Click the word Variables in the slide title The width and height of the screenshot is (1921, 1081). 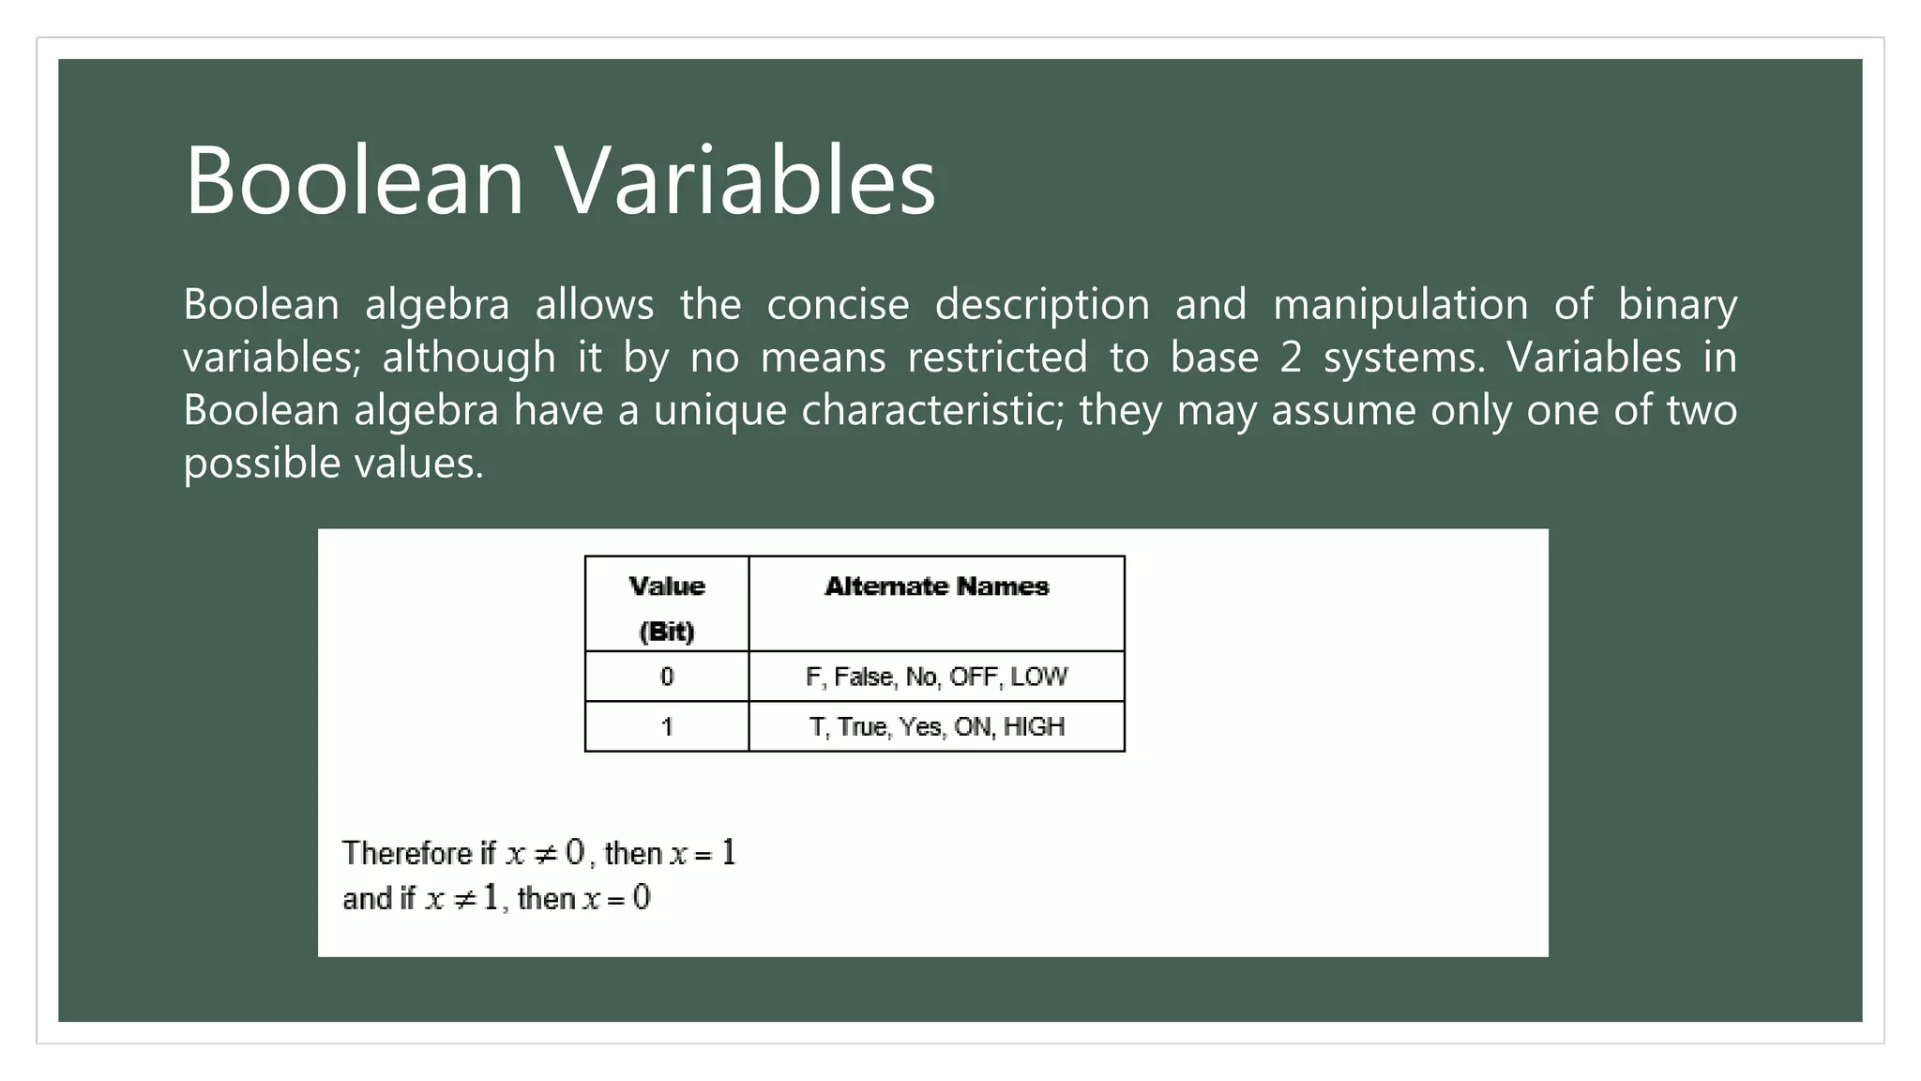tap(747, 180)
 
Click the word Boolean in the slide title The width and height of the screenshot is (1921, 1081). tap(354, 180)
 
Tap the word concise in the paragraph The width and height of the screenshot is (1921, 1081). tap(838, 305)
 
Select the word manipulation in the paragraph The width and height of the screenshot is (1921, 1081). tap(1399, 305)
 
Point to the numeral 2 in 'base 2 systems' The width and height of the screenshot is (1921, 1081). tap(1291, 358)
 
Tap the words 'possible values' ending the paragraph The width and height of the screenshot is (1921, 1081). tap(333, 464)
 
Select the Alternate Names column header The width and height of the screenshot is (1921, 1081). tap(936, 587)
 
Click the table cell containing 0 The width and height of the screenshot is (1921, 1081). tap(667, 677)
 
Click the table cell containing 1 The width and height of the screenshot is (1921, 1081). tap(667, 727)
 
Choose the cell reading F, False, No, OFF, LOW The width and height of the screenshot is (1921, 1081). tap(936, 677)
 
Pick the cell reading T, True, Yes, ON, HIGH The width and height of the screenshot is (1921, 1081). tap(936, 727)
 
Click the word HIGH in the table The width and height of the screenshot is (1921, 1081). tap(1034, 727)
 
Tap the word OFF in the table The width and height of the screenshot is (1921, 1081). tap(973, 677)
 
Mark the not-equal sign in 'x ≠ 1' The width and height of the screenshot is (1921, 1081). tap(464, 899)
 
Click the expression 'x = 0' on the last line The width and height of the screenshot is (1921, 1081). tap(616, 899)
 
